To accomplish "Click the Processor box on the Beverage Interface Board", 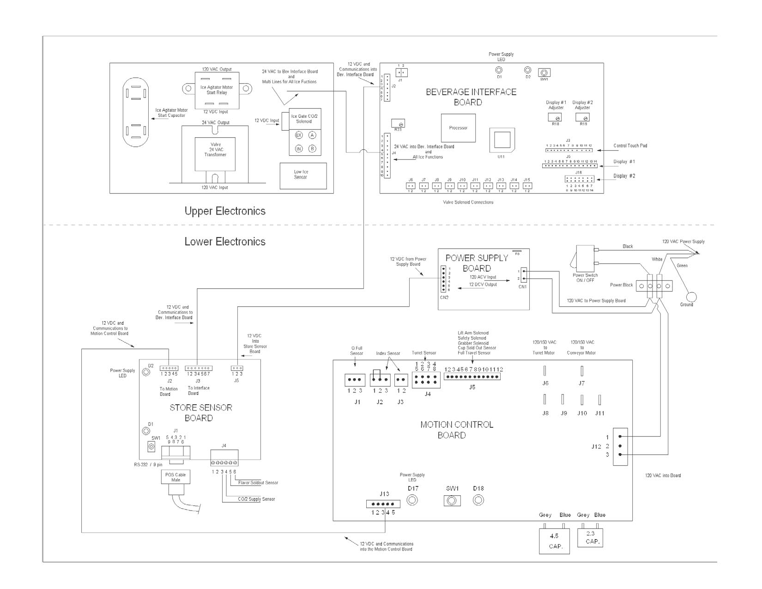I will [x=458, y=128].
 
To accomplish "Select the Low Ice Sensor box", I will [x=303, y=175].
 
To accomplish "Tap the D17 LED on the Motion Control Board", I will [x=412, y=500].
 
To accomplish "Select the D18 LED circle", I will [x=478, y=500].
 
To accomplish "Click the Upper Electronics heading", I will [x=225, y=211].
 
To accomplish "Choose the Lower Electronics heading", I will [x=225, y=242].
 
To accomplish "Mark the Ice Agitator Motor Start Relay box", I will [x=217, y=90].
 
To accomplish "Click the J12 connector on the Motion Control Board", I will [x=620, y=446].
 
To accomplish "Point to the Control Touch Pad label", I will [x=630, y=146].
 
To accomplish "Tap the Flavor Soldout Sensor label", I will [x=258, y=483].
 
